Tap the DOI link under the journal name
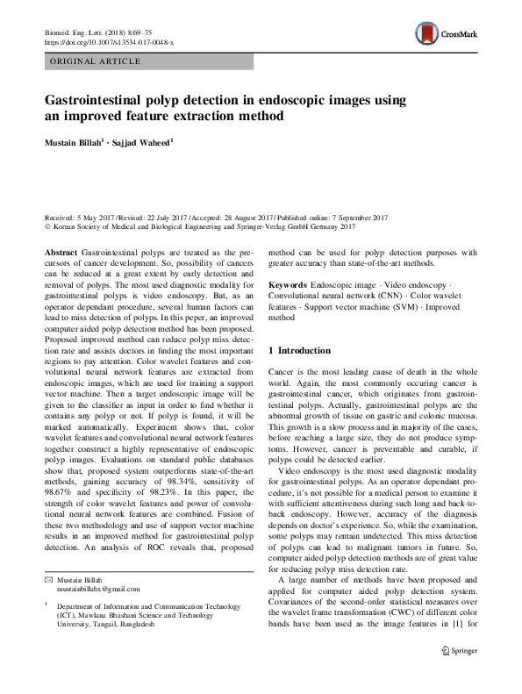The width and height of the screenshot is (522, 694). coord(109,42)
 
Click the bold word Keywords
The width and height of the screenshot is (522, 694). coord(287,286)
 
